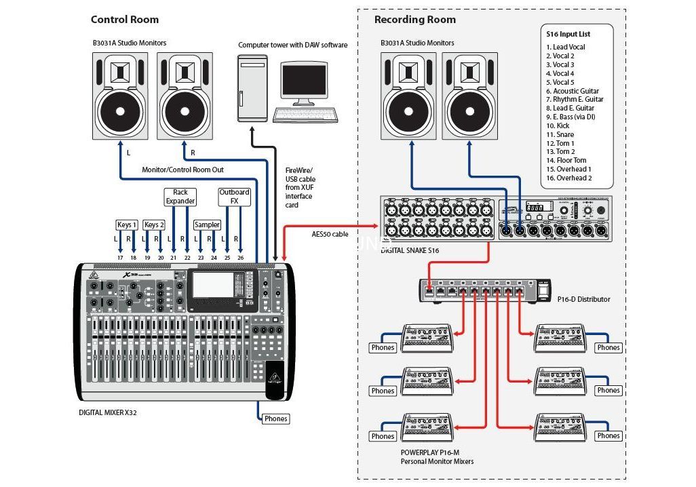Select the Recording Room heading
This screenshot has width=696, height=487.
[x=415, y=20]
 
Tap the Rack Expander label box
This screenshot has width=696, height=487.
[x=180, y=197]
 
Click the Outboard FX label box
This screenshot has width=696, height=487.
[x=234, y=197]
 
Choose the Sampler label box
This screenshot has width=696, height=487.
[x=207, y=225]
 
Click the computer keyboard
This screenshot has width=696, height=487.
[x=305, y=115]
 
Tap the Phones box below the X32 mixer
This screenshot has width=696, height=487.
[x=275, y=418]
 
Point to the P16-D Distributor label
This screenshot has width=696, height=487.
[x=583, y=299]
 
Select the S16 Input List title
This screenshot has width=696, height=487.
[x=568, y=34]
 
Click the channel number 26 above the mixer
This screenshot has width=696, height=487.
[x=240, y=257]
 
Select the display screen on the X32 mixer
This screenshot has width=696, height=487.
[x=213, y=285]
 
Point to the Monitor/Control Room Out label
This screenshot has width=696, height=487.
[x=182, y=170]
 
